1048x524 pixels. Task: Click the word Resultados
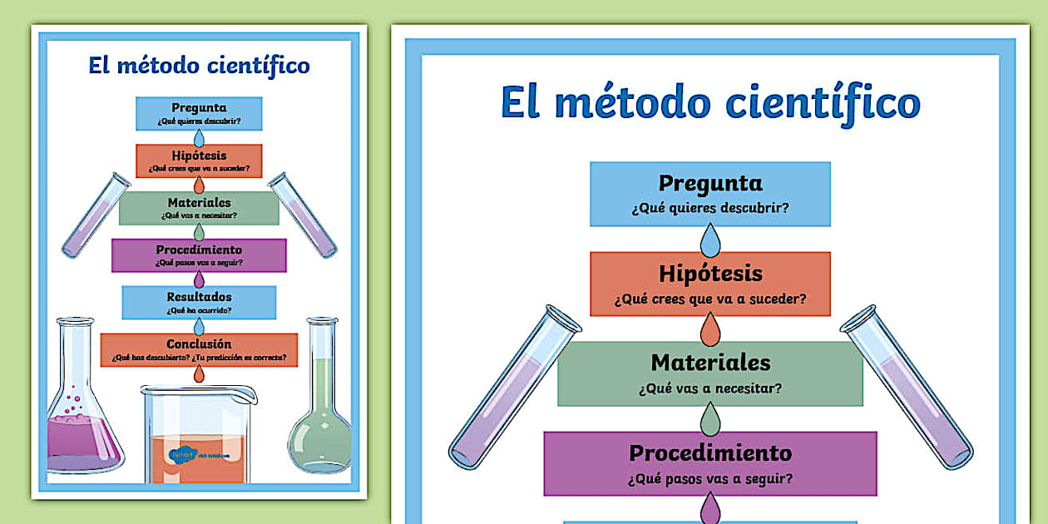(x=199, y=297)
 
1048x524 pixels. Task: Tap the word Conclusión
(x=199, y=344)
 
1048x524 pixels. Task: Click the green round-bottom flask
(x=320, y=416)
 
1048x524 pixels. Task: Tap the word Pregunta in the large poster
(x=710, y=183)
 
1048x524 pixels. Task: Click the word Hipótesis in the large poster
(x=710, y=274)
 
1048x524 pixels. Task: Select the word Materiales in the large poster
(x=710, y=363)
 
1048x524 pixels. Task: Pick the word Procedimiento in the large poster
(x=710, y=453)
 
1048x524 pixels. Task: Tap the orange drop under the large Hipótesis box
(x=710, y=330)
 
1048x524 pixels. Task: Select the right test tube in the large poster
(x=907, y=387)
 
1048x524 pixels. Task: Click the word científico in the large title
(x=823, y=103)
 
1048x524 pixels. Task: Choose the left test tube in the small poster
(x=96, y=215)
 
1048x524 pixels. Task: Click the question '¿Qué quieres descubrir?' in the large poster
(x=710, y=208)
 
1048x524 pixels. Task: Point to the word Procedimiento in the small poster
(x=199, y=250)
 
